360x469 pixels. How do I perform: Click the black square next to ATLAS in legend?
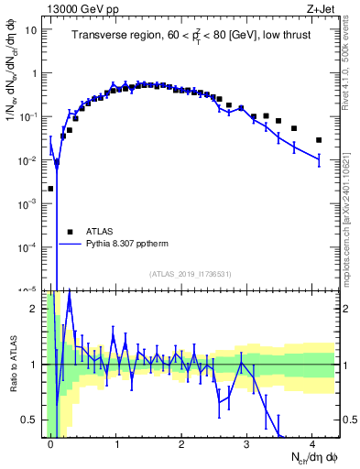click(70, 232)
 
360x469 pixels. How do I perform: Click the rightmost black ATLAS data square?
click(319, 140)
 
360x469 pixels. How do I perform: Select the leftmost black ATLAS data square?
click(50, 189)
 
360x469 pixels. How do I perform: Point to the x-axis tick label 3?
click(247, 444)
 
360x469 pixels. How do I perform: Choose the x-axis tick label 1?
click(116, 444)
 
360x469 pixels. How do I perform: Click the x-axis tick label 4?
click(312, 444)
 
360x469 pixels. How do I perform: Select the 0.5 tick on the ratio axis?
click(34, 420)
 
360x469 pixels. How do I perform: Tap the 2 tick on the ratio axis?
click(37, 309)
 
